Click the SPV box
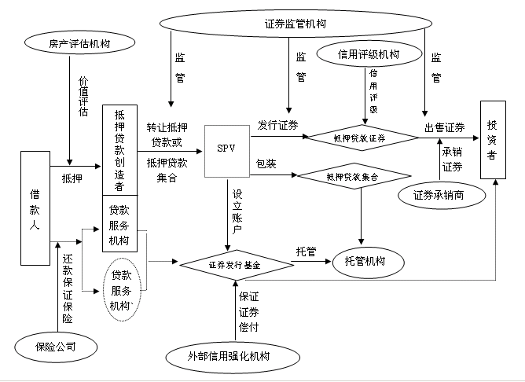coord(226,148)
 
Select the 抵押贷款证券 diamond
coord(362,137)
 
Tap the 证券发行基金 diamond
coord(235,266)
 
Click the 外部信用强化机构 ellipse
coord(229,357)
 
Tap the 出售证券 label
coord(444,127)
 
